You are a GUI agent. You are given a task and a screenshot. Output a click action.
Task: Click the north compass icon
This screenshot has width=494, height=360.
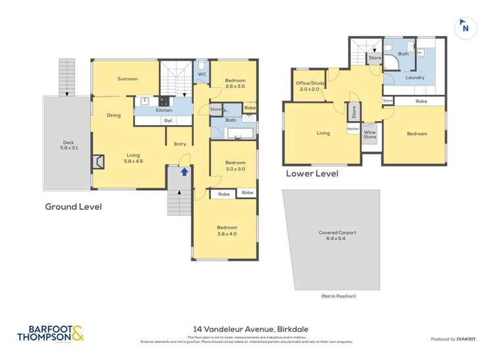pos(465,28)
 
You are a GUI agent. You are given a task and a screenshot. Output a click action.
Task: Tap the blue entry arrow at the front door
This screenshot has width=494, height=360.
pos(184,171)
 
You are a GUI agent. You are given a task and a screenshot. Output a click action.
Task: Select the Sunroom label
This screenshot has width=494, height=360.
pos(127,79)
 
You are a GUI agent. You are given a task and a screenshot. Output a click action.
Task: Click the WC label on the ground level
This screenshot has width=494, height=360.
pos(202,74)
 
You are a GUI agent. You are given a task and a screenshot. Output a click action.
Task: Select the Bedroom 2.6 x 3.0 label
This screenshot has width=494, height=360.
pos(234,84)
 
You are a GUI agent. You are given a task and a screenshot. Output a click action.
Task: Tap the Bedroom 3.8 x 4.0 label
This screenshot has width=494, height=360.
pos(225,230)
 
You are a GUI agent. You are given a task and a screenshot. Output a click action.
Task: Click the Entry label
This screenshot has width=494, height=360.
pos(180,144)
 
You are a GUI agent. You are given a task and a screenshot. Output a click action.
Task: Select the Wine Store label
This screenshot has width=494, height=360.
pos(370,134)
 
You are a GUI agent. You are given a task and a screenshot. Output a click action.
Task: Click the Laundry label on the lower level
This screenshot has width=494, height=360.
pos(414,78)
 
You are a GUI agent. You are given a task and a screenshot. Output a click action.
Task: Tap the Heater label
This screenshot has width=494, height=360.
pos(353,130)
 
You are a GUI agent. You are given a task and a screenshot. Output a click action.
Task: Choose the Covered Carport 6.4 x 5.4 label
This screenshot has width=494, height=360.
pos(331,236)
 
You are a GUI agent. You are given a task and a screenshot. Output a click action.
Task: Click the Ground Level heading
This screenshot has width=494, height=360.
pos(73,207)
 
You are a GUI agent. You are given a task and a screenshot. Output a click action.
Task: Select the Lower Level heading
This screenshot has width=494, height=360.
pos(312,174)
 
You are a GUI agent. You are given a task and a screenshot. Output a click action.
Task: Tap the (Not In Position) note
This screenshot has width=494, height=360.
pos(338,296)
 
